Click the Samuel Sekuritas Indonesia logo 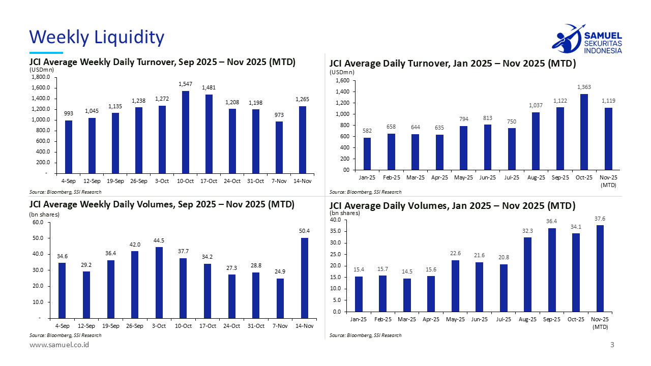point(586,39)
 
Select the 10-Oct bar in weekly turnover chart point(186,132)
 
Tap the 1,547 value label point(186,83)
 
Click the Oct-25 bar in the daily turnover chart point(584,132)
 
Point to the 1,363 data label point(584,87)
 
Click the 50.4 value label point(304,231)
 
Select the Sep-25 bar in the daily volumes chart point(552,270)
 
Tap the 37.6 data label point(600,219)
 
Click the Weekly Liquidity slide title point(97,37)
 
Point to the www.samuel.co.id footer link point(60,345)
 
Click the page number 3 point(612,345)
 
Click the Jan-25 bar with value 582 point(367,154)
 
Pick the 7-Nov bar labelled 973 point(279,147)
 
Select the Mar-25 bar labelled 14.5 point(407,295)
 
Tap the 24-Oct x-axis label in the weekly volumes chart point(232,326)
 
